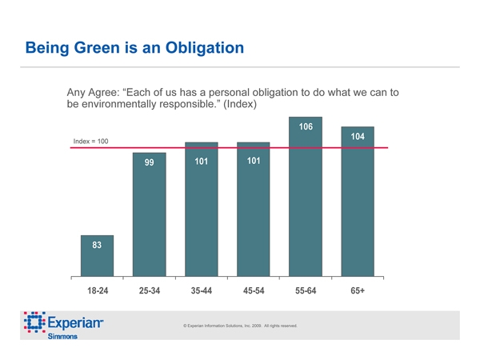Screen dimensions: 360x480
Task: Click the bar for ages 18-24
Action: point(97,256)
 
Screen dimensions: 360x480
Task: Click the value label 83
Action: point(97,245)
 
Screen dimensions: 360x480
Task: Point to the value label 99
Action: point(149,162)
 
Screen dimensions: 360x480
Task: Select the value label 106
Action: point(306,127)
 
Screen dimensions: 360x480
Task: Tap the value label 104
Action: point(358,137)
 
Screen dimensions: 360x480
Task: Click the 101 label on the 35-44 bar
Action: point(201,162)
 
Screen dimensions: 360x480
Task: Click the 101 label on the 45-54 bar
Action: point(254,162)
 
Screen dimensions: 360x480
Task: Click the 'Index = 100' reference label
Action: point(90,142)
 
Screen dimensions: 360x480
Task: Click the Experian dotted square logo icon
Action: point(34,323)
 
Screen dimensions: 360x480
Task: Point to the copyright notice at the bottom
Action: point(240,326)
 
